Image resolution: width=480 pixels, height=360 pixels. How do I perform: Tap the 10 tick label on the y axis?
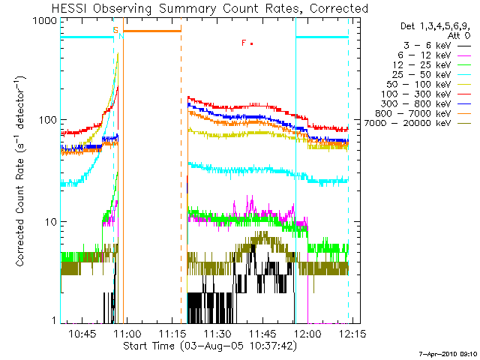coord(50,223)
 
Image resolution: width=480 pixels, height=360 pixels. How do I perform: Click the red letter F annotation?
coord(244,43)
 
